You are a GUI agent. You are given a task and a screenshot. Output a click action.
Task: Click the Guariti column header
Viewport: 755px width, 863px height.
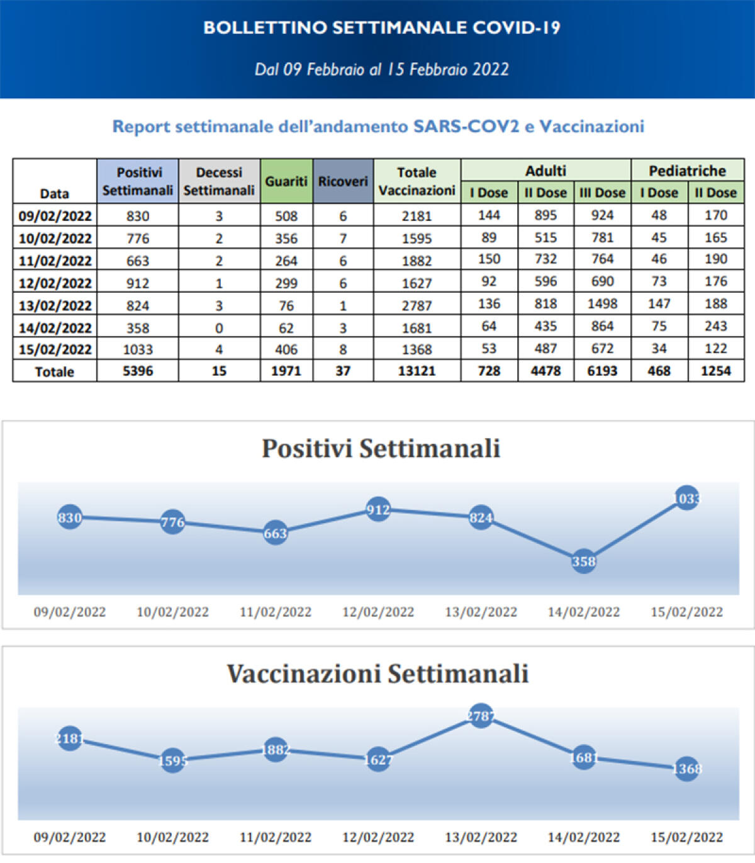point(286,181)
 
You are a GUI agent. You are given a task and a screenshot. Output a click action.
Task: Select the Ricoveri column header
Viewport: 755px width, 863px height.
point(343,181)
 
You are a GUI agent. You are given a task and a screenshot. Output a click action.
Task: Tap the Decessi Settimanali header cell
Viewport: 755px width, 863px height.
point(219,181)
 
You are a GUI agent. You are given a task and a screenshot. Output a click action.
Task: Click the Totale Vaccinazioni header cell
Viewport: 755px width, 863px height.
point(417,181)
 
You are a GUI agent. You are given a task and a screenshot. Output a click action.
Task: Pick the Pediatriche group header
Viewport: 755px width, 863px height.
point(687,171)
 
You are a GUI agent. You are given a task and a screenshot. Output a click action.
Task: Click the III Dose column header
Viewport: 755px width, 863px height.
point(602,193)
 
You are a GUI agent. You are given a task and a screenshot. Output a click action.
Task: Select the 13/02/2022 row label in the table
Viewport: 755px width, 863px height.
point(55,305)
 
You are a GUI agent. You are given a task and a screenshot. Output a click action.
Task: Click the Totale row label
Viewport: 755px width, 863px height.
point(55,371)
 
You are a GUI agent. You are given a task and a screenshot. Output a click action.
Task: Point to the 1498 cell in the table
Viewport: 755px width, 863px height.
point(602,304)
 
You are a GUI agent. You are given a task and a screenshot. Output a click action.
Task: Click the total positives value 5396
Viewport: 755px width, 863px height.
point(138,371)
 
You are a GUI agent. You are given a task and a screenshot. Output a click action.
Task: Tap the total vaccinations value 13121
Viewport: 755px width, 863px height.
point(417,371)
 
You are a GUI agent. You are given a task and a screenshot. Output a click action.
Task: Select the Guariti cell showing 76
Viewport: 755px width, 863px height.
point(286,305)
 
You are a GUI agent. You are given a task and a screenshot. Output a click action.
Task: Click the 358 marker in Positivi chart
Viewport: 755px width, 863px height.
point(583,561)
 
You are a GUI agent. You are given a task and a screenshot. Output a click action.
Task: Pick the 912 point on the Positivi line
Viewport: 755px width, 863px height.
point(378,509)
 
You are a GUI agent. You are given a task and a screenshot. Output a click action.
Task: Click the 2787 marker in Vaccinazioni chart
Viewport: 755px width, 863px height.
point(481,716)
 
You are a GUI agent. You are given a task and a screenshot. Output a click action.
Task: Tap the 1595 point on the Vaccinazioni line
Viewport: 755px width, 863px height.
point(172,760)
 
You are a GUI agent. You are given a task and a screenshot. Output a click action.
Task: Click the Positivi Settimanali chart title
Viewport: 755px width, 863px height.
point(381,449)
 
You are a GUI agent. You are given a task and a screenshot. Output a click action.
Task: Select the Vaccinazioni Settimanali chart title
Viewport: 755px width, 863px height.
point(377,674)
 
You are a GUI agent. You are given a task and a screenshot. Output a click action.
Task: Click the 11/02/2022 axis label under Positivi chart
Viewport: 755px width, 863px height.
point(276,612)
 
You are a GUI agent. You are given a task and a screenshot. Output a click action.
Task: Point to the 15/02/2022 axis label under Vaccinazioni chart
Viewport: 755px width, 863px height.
point(686,837)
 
